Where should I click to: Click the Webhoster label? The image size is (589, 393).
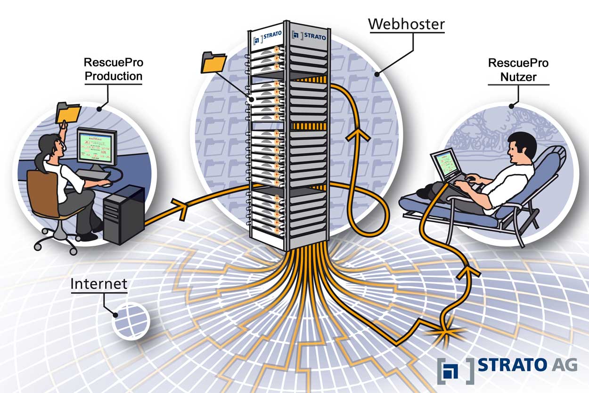(406, 24)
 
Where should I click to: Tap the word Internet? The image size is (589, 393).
(99, 284)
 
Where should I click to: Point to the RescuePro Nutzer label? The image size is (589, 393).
(518, 69)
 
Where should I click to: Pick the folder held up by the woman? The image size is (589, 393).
(68, 112)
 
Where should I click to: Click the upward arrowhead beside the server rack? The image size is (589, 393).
(358, 135)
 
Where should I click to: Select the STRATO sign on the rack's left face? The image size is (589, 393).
(266, 38)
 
